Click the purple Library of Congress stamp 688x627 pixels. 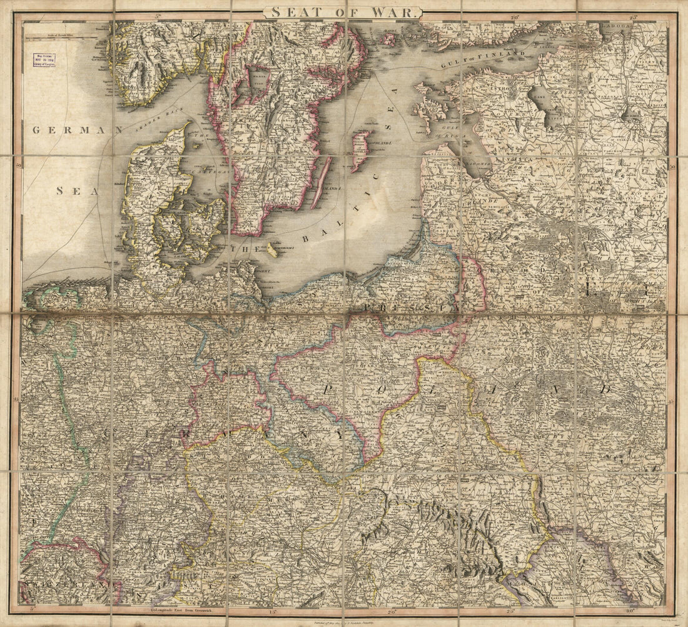pos(44,59)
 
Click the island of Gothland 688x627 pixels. pos(361,151)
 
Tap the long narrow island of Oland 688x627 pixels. pos(321,183)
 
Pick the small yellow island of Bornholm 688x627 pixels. pos(273,249)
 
